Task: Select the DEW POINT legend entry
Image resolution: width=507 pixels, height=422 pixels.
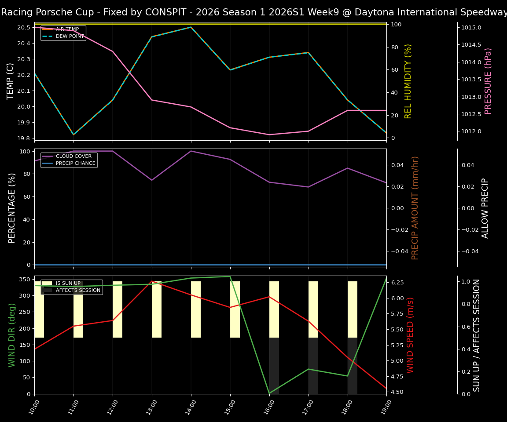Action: point(70,36)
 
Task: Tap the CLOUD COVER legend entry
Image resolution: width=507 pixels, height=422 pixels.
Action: point(73,156)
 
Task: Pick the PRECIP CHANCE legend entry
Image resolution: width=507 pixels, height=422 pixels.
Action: point(75,164)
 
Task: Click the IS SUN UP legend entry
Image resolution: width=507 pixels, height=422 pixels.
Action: point(68,284)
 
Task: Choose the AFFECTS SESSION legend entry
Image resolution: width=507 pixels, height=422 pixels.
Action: point(78,291)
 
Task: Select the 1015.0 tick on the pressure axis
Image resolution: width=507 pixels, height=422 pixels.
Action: point(471,28)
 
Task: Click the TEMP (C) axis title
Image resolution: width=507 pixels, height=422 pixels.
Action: point(11,81)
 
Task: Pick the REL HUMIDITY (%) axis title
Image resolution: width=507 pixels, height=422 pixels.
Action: point(408,81)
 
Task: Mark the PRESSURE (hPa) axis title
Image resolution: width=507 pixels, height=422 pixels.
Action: point(488,81)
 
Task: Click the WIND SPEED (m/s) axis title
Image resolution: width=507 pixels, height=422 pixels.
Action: point(410,335)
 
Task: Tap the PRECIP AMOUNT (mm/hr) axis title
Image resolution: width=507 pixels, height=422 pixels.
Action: point(415,208)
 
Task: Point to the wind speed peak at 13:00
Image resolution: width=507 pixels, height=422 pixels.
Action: point(152,281)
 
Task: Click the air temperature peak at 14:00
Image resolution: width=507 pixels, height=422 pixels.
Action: point(191,27)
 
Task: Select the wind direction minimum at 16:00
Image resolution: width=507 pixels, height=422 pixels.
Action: point(269,393)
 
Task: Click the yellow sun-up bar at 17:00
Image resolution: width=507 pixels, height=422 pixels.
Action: point(313,309)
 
